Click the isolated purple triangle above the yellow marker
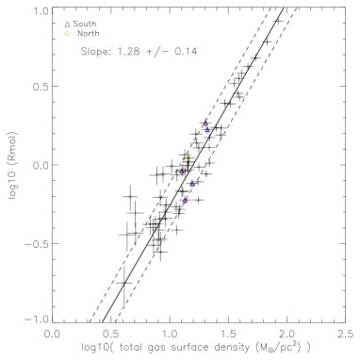click(68, 25)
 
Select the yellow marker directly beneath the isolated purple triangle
click(68, 34)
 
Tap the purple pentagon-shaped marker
click(205, 123)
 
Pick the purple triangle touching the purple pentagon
click(207, 130)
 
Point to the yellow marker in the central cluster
click(188, 158)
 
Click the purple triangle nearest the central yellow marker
click(182, 172)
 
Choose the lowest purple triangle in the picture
click(186, 200)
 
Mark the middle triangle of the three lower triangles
click(191, 184)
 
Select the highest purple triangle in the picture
click(68, 25)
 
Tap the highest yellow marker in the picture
click(68, 34)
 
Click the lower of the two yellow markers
click(188, 158)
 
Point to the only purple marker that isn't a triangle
click(205, 123)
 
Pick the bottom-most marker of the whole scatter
click(186, 200)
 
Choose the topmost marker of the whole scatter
click(68, 25)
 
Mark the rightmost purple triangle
click(207, 130)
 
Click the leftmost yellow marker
click(68, 34)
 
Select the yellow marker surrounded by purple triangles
click(188, 158)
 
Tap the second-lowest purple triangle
click(191, 184)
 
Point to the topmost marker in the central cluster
click(205, 123)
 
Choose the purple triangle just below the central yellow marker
click(182, 172)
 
